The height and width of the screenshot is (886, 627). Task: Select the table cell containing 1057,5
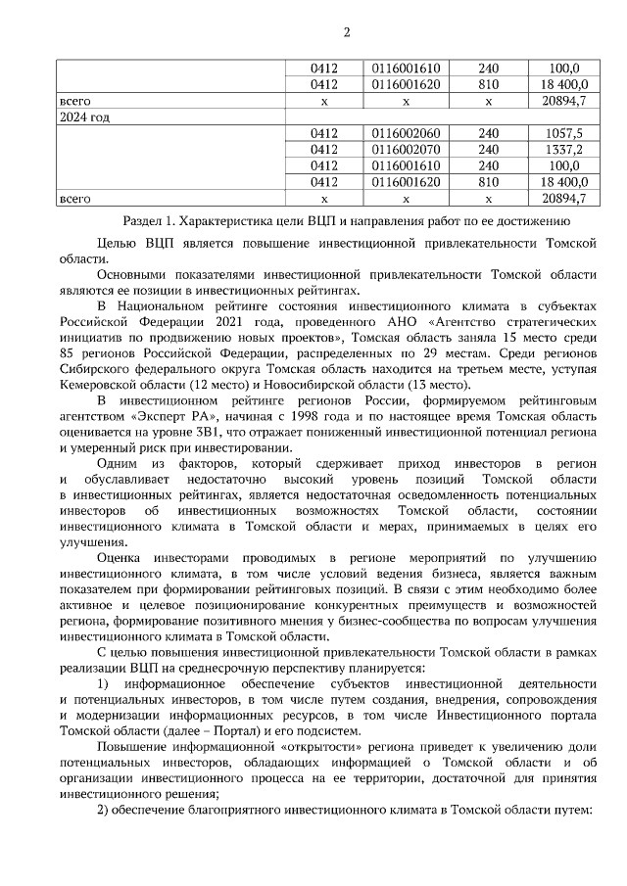[x=562, y=133]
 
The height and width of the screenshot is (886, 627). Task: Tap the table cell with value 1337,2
[x=562, y=150]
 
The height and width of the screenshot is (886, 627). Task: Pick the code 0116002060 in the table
[x=407, y=133]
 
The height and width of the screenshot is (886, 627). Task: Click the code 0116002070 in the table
[x=407, y=150]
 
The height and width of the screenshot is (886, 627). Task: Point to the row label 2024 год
[x=84, y=117]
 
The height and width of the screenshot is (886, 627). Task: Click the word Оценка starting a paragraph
[x=121, y=557]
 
